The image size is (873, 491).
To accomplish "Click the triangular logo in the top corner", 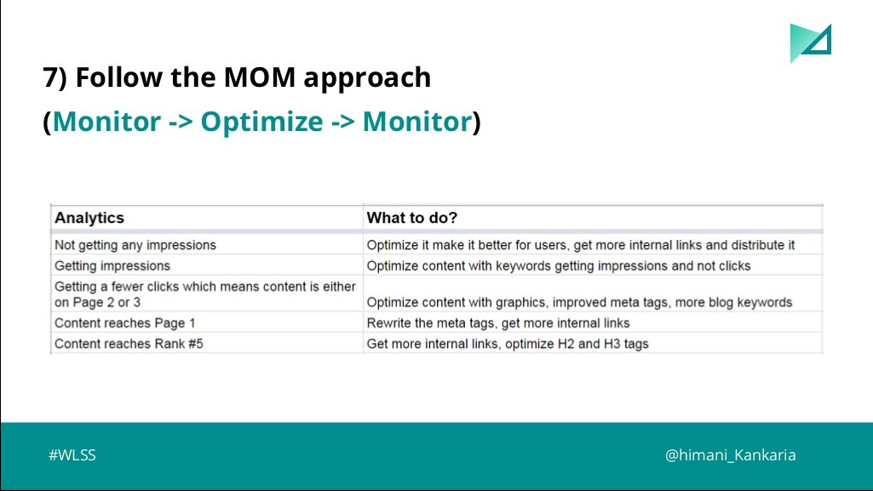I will click(x=808, y=42).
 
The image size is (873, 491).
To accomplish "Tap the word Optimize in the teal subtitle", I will click(x=261, y=122).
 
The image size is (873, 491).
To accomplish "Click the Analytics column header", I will click(x=89, y=218).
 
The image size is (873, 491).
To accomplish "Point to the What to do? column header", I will click(x=412, y=218).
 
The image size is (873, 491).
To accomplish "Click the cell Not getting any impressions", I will click(x=135, y=245).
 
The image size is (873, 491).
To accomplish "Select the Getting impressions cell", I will click(x=112, y=265).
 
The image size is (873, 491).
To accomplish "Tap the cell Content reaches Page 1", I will click(x=124, y=323).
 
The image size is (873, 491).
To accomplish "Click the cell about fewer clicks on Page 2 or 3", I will click(x=204, y=294).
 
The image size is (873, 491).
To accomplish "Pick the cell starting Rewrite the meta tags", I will click(x=498, y=323).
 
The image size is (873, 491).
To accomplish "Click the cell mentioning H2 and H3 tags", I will click(x=507, y=344).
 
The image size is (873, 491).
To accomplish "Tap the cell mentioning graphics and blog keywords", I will click(x=579, y=302).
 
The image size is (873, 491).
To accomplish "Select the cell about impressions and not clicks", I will click(x=559, y=265).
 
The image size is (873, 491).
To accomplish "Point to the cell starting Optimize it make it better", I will click(x=581, y=245).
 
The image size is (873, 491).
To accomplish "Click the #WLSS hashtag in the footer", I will click(x=72, y=455).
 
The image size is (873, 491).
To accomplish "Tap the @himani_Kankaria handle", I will click(x=731, y=455).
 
